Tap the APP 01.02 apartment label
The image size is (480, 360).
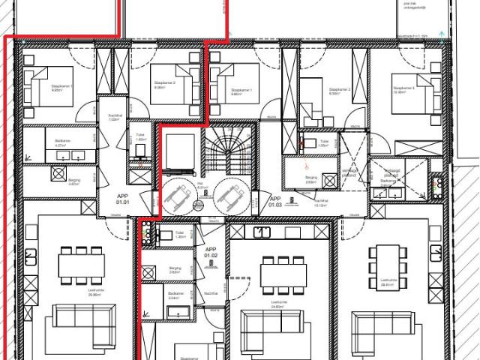[x=211, y=253]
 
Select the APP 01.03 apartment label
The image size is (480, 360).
[x=274, y=200]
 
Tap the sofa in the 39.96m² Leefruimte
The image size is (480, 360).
[x=82, y=327]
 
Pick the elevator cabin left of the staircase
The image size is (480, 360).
[x=181, y=151]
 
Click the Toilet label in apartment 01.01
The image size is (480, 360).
[x=140, y=139]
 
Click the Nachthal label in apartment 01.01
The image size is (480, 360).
[x=115, y=117]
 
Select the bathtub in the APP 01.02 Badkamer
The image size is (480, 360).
[x=178, y=312]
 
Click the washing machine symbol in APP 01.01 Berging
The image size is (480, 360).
[x=57, y=172]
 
